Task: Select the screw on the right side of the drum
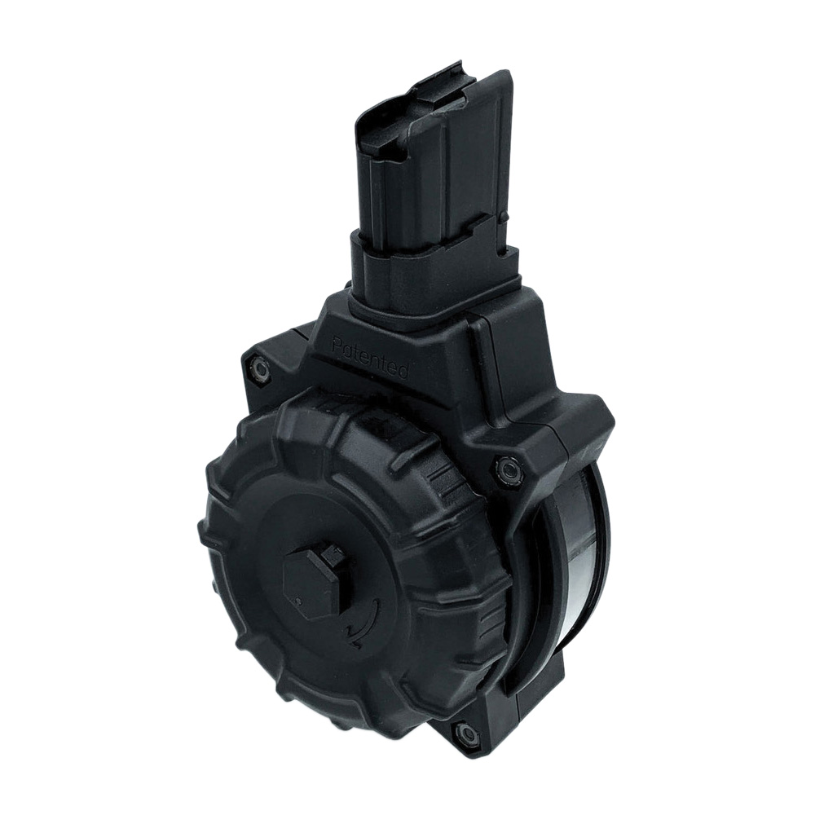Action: pos(506,467)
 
